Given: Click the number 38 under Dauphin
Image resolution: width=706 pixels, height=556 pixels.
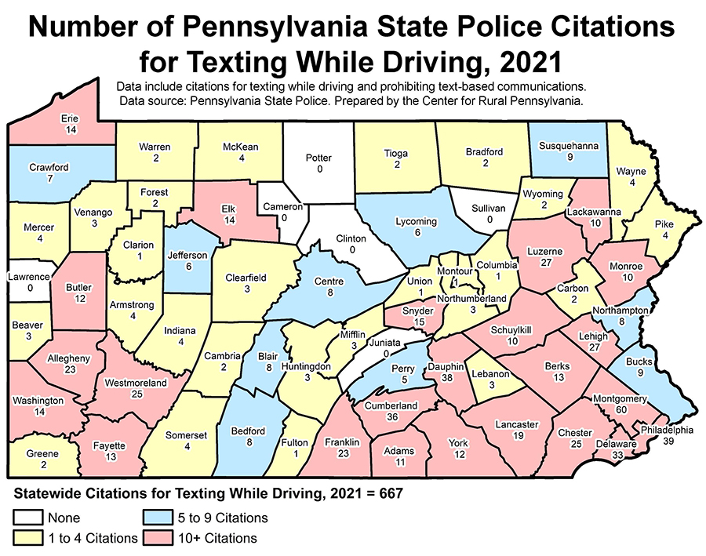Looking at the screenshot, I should (448, 377).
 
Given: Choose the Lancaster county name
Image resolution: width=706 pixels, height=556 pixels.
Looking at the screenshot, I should (516, 424).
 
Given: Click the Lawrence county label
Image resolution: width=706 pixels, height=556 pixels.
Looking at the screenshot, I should (31, 276).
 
